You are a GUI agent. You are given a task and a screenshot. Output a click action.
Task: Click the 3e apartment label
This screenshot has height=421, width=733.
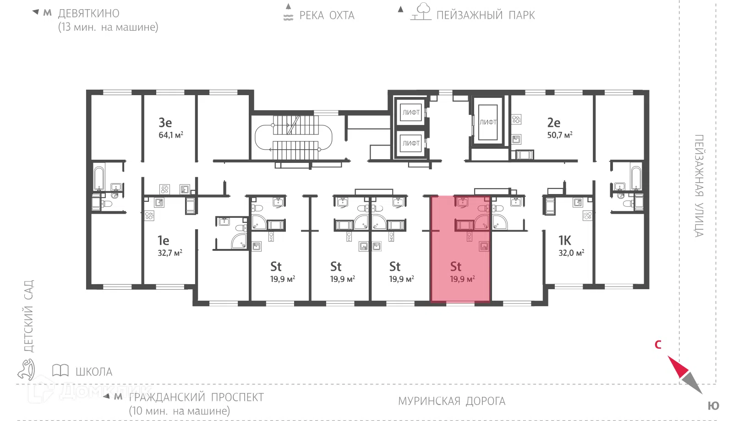tap(165, 123)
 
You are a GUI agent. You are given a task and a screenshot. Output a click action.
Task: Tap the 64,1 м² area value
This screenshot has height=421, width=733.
tap(171, 135)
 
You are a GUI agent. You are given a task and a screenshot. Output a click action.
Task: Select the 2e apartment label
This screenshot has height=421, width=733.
tap(554, 123)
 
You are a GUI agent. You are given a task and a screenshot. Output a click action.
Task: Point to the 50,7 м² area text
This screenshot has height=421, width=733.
tap(560, 135)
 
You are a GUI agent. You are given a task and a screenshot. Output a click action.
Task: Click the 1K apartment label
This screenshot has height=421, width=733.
tap(564, 241)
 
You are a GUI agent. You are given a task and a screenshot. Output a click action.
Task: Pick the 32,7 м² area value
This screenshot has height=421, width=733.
tap(170, 253)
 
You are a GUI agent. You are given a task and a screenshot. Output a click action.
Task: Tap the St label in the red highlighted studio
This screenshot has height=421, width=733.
tap(455, 266)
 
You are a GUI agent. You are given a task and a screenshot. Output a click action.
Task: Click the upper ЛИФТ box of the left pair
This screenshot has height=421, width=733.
tap(410, 112)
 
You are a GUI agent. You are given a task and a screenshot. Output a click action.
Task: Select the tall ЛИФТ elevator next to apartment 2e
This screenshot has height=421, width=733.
tap(488, 122)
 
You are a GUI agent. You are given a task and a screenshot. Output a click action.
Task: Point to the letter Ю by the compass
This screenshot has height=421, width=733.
tap(713, 406)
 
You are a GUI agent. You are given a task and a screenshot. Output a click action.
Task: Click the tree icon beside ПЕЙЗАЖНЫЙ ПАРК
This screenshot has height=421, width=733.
tap(421, 11)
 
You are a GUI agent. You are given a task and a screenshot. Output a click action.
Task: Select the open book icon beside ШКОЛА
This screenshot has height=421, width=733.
tap(60, 371)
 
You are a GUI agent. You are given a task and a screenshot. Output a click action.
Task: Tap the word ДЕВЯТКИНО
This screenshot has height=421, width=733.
tap(89, 13)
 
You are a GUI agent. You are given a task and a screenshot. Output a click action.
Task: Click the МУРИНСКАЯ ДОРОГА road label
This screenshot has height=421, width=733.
tap(452, 401)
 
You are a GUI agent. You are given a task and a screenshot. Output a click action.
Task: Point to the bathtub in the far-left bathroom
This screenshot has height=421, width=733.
tap(98, 178)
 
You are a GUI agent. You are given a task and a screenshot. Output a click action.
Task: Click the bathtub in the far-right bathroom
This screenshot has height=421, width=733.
tap(636, 178)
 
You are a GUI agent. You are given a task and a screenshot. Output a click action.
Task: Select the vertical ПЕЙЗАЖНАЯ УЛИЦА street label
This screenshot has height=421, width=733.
tap(699, 186)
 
